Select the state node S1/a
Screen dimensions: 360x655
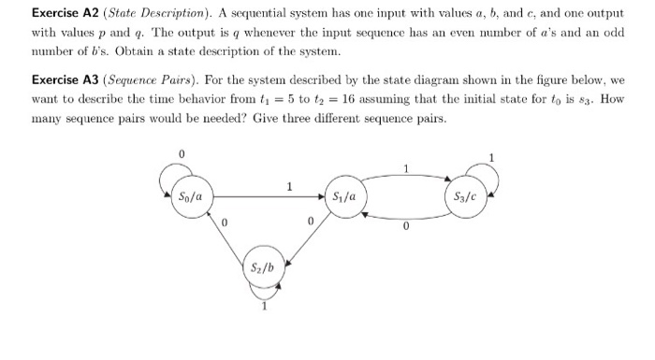[x=343, y=196]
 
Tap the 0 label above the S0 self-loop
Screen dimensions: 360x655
[x=183, y=152]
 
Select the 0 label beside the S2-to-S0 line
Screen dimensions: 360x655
[x=223, y=223]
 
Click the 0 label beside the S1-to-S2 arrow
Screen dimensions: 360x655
[x=310, y=223]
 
